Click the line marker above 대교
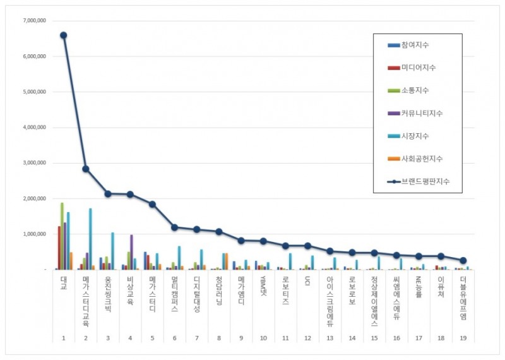click(63, 35)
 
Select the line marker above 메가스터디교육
click(85, 169)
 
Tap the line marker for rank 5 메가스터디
click(152, 204)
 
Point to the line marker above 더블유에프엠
click(463, 260)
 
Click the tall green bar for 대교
click(61, 236)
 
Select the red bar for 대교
click(59, 248)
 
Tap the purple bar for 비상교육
click(131, 252)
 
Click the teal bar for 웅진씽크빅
click(112, 251)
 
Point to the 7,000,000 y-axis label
click(33, 21)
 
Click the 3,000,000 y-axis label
click(33, 163)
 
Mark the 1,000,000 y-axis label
click(33, 234)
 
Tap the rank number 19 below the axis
click(463, 338)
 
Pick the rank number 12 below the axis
click(307, 338)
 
